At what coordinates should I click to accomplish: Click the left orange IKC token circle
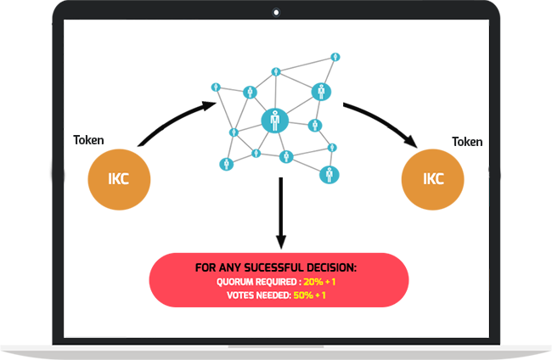click(119, 179)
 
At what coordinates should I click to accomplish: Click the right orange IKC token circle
click(432, 179)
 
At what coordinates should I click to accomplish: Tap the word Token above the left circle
click(88, 140)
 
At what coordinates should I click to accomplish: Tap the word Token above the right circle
click(467, 142)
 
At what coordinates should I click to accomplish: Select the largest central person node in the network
click(275, 121)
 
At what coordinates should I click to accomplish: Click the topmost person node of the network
click(335, 57)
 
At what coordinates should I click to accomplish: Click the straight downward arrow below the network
click(280, 213)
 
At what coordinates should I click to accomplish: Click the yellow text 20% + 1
click(319, 282)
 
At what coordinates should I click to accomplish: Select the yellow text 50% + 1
click(309, 295)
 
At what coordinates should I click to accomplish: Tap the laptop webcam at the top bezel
click(276, 13)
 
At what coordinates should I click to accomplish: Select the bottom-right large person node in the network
click(330, 175)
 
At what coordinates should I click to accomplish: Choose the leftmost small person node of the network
click(216, 87)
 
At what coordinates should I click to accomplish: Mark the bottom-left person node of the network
click(227, 164)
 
